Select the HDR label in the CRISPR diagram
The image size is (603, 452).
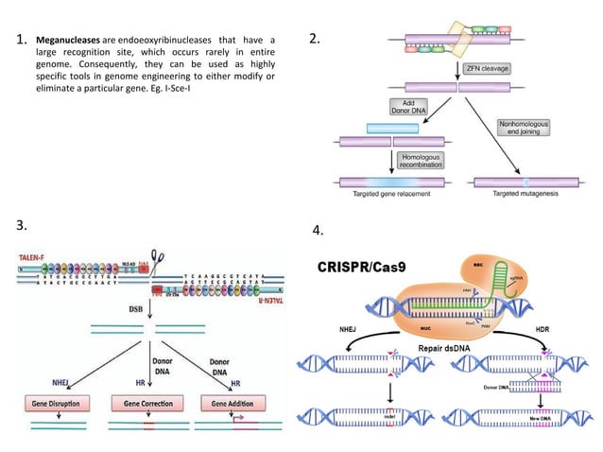click(x=562, y=330)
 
